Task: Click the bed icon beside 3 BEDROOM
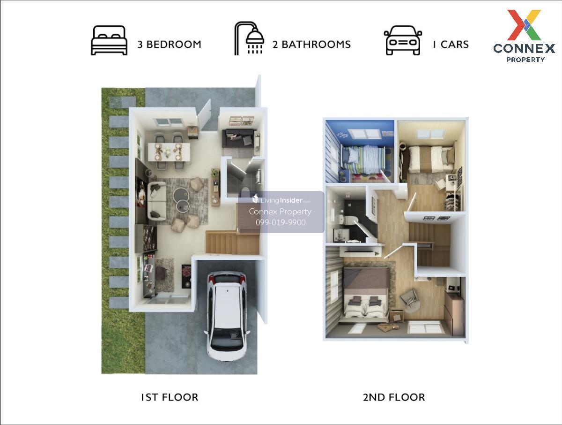point(109,40)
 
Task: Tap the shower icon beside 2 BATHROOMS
point(249,38)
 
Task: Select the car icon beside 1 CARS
point(403,40)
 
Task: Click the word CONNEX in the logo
point(524,48)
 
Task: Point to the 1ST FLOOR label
point(170,397)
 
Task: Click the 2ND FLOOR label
point(394,397)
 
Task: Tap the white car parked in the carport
point(227,316)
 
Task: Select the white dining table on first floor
point(169,152)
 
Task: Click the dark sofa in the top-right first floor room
point(238,138)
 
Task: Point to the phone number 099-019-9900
point(281,222)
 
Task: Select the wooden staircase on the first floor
point(232,242)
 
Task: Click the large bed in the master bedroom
point(366,294)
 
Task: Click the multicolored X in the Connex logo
point(524,25)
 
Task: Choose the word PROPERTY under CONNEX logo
point(525,60)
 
